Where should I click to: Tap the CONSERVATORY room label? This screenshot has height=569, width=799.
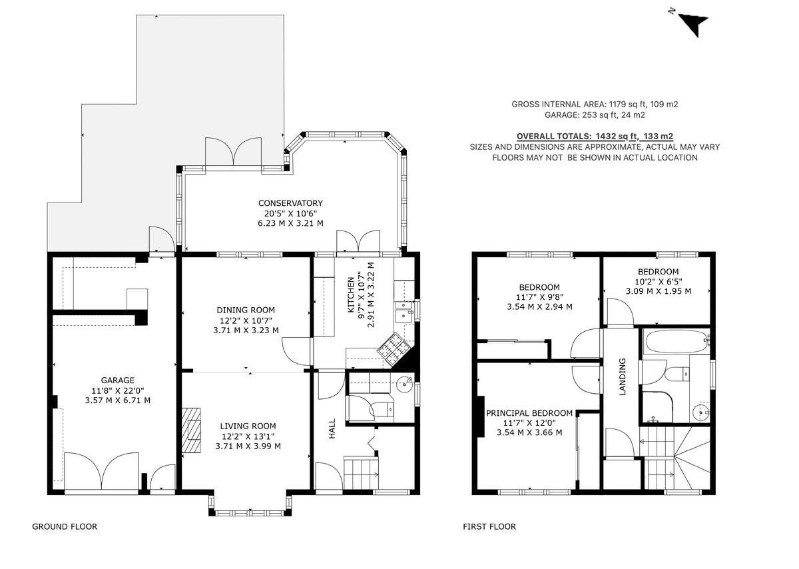(x=290, y=203)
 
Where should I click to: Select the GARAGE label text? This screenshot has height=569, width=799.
(x=118, y=380)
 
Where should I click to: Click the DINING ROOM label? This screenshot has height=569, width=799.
(x=246, y=310)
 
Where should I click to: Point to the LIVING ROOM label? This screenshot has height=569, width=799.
(x=248, y=426)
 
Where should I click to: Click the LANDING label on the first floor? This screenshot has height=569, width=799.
(x=623, y=377)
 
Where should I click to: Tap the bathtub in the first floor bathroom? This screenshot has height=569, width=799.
(x=675, y=341)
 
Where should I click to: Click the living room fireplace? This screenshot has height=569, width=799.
(x=192, y=432)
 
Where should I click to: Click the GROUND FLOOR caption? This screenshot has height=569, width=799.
(x=65, y=526)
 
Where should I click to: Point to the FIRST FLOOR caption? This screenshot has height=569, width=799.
(x=489, y=526)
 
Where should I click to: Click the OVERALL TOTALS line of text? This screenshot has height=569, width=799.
(x=595, y=135)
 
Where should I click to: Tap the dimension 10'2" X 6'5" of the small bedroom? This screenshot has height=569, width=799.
(x=658, y=281)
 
